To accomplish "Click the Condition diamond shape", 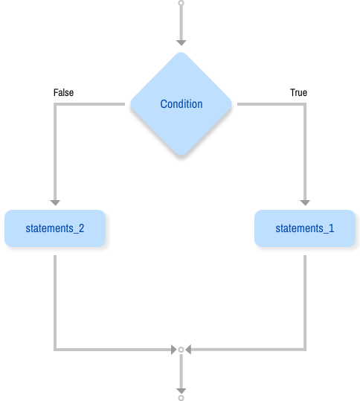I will [x=181, y=104].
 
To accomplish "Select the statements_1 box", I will [x=304, y=228].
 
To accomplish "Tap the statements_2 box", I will [x=54, y=228].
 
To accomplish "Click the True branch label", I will [x=298, y=93].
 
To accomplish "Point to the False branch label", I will [x=63, y=93].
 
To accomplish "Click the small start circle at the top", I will [x=181, y=3].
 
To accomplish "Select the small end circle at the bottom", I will [x=181, y=397].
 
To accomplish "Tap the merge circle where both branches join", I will [x=181, y=348].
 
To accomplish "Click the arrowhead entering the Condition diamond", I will [x=181, y=42].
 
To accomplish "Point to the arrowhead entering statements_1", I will [x=304, y=202].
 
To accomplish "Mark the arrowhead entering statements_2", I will [x=54, y=202].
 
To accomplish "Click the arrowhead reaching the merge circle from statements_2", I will [x=173, y=348].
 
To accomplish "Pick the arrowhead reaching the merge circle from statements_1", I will [x=190, y=348].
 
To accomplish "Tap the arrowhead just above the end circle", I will [x=181, y=389].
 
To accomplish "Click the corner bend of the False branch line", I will [x=54, y=105].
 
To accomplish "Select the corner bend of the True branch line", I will [x=304, y=105].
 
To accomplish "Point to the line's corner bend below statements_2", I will [x=54, y=348].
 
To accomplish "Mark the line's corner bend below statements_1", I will [x=304, y=348].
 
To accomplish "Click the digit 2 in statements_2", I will [x=80, y=228].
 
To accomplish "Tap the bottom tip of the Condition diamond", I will [x=181, y=156].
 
